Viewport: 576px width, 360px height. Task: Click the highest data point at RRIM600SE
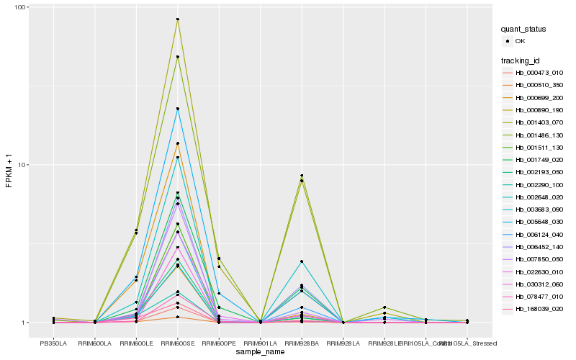pyautogui.click(x=177, y=19)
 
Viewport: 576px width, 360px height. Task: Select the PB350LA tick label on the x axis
pyautogui.click(x=53, y=343)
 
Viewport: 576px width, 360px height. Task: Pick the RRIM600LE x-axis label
pyautogui.click(x=136, y=343)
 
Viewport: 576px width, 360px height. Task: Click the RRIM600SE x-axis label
pyautogui.click(x=177, y=343)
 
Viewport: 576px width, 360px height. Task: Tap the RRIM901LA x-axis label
pyautogui.click(x=260, y=343)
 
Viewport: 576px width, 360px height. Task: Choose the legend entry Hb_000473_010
pyautogui.click(x=539, y=73)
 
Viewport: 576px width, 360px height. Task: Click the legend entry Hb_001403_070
pyautogui.click(x=539, y=122)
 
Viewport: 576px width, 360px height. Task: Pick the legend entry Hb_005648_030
pyautogui.click(x=539, y=222)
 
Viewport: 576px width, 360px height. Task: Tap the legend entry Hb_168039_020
pyautogui.click(x=539, y=309)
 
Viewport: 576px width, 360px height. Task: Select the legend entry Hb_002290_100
pyautogui.click(x=539, y=185)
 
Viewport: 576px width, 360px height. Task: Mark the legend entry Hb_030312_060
pyautogui.click(x=539, y=284)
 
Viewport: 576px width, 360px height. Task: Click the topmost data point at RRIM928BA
pyautogui.click(x=302, y=176)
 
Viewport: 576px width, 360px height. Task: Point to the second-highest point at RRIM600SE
pyautogui.click(x=177, y=57)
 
